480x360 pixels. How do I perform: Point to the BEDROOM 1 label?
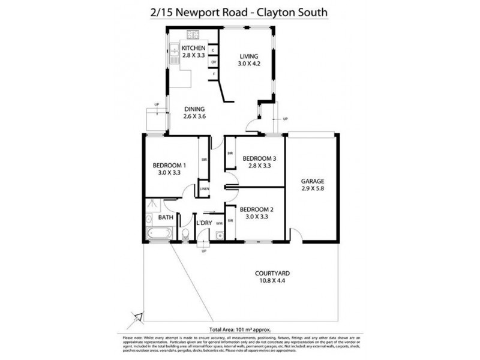point(169,165)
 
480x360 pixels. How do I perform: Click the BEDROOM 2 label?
point(256,209)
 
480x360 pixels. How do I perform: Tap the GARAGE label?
point(312,181)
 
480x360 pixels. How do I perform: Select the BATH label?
point(166,217)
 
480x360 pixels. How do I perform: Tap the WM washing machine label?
point(220,223)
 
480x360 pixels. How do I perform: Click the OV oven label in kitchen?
point(213,62)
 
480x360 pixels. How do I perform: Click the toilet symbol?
point(186,233)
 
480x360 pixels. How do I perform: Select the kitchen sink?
point(172,55)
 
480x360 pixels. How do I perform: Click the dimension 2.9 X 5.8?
point(312,188)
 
